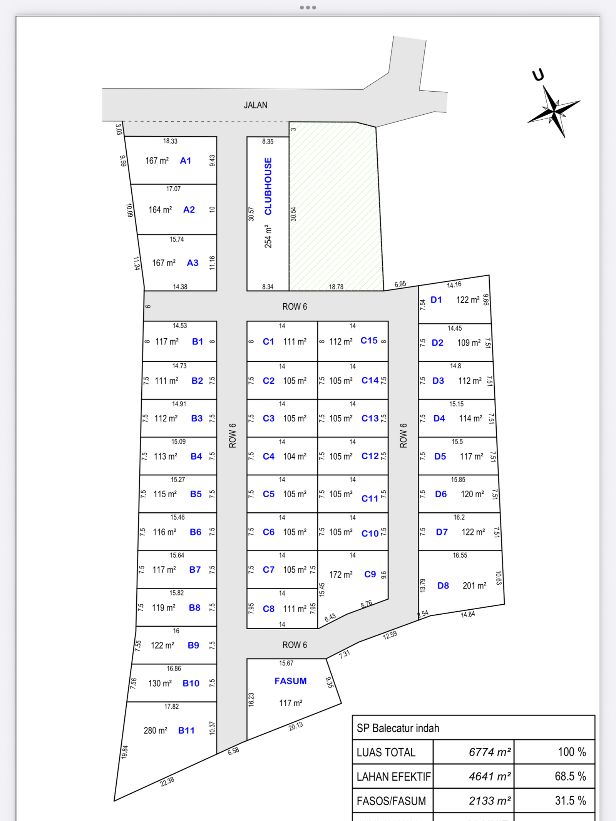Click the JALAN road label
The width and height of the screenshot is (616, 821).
(x=255, y=105)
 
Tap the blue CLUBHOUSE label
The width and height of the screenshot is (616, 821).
(x=268, y=186)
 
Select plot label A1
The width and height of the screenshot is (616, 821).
(x=186, y=161)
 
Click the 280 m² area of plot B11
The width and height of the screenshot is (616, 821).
(x=156, y=730)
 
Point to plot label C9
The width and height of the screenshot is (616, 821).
(x=370, y=574)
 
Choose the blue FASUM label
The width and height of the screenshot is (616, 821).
(x=290, y=681)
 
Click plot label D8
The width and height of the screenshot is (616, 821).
(x=443, y=585)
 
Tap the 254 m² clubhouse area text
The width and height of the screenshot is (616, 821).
(x=268, y=236)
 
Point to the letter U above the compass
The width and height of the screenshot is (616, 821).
(x=538, y=75)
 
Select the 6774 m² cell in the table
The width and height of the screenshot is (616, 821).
(x=489, y=752)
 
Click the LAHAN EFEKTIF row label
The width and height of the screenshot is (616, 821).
(x=393, y=776)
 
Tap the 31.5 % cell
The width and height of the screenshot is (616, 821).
(x=570, y=801)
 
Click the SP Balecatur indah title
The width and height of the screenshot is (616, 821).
(x=398, y=728)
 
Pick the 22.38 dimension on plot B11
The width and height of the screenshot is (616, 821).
(x=167, y=782)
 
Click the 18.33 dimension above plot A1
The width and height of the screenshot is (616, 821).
(x=170, y=141)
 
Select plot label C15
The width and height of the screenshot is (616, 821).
(x=369, y=340)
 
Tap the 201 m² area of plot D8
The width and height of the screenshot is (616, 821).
(x=474, y=585)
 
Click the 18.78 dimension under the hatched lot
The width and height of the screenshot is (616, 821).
(x=336, y=286)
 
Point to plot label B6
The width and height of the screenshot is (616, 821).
(x=196, y=532)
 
